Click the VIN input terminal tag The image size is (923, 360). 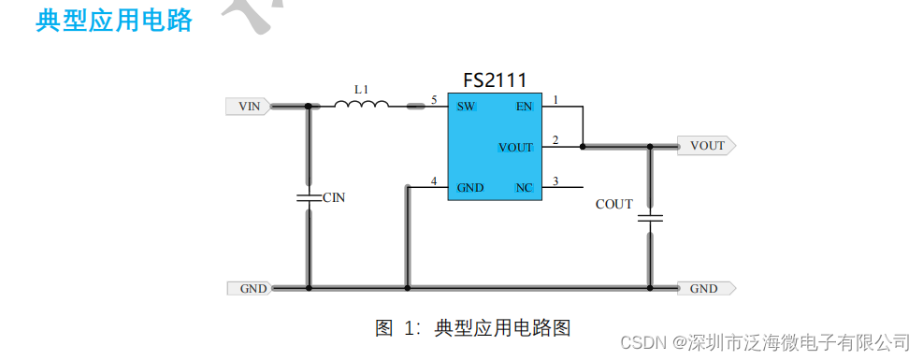249,107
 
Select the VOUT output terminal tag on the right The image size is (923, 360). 706,146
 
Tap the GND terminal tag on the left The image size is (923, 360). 251,288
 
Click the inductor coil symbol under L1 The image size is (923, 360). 361,105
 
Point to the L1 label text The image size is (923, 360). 361,89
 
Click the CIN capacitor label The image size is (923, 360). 334,197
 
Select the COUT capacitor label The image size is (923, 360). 614,204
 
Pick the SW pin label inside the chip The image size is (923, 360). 466,107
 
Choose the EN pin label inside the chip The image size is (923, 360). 523,107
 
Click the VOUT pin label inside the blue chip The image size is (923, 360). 515,148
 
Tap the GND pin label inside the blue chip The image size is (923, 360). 469,188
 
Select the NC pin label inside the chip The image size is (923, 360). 524,188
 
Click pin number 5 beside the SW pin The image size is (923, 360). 434,99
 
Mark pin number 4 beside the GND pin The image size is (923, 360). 434,180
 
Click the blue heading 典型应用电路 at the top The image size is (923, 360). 113,21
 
